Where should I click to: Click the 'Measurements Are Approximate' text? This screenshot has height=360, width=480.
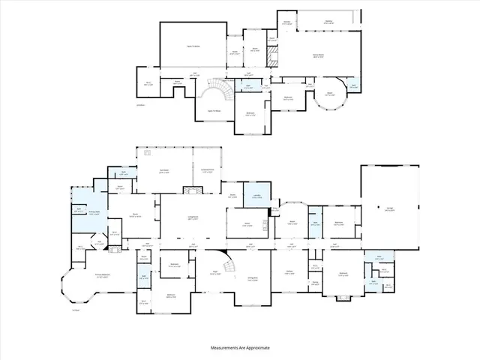click(239, 348)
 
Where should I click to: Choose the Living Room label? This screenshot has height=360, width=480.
click(192, 219)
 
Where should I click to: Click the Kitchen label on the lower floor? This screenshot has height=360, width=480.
click(289, 272)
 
